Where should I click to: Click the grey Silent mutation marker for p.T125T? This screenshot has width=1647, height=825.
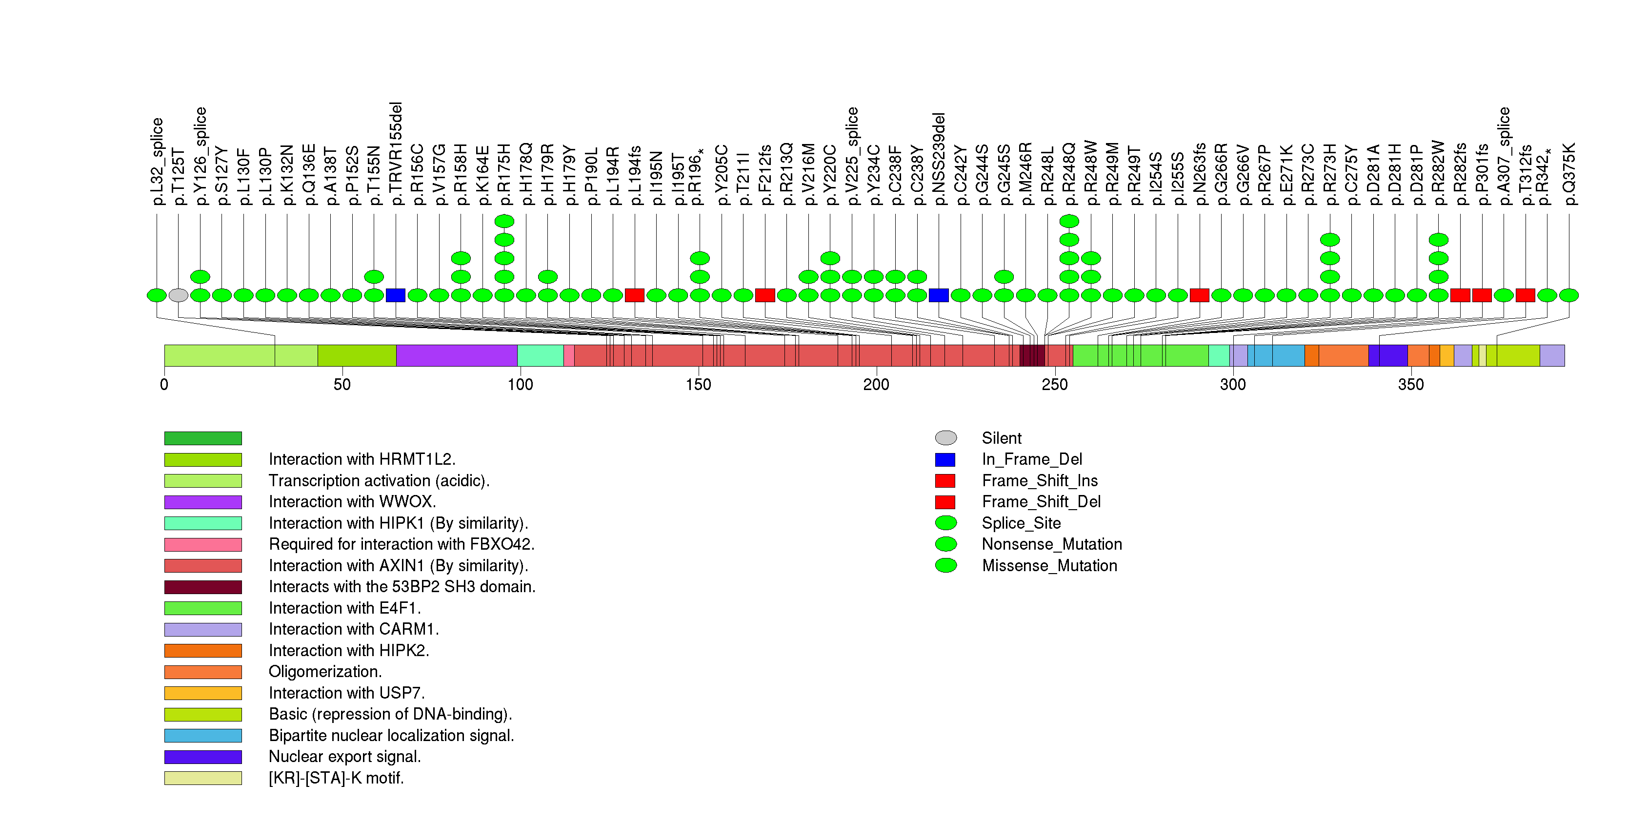pos(179,295)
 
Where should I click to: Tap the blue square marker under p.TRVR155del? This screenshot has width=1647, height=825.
pos(396,295)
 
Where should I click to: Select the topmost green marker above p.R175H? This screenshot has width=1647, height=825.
pos(504,221)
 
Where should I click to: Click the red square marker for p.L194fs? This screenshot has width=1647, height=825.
pos(635,295)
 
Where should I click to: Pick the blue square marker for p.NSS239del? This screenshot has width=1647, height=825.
pos(939,295)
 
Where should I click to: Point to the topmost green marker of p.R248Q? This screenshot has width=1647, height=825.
pos(1069,221)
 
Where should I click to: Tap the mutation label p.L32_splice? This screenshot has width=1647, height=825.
pos(157,161)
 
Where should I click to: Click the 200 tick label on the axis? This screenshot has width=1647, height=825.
pos(876,384)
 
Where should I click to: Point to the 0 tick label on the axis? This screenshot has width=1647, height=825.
pos(164,384)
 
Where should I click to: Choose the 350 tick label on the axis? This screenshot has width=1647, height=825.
pos(1410,384)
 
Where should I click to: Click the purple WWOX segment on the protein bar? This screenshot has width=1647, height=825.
pos(457,355)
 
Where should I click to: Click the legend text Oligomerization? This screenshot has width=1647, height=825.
pos(325,672)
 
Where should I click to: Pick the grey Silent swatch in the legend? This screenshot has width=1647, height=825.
pos(945,438)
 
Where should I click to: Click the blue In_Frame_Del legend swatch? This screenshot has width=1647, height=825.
pos(945,460)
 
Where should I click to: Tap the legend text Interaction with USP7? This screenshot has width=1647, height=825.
pos(346,693)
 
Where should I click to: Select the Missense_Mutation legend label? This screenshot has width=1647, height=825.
pos(1050,566)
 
